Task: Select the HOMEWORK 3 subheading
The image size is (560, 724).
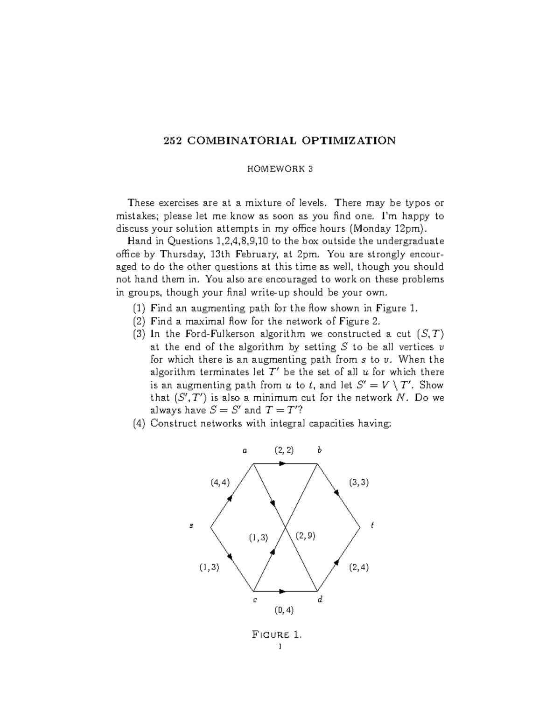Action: [280, 169]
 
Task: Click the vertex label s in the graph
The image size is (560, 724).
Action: [191, 525]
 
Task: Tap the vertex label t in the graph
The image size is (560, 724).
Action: [372, 525]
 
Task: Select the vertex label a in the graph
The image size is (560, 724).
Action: [244, 450]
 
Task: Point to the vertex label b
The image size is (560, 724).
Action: [320, 450]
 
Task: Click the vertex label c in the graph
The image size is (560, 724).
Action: [255, 600]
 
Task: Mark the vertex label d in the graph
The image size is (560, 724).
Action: [320, 600]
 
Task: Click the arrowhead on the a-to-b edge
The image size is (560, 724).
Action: [282, 463]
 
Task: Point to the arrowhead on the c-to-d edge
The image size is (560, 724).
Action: [282, 591]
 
